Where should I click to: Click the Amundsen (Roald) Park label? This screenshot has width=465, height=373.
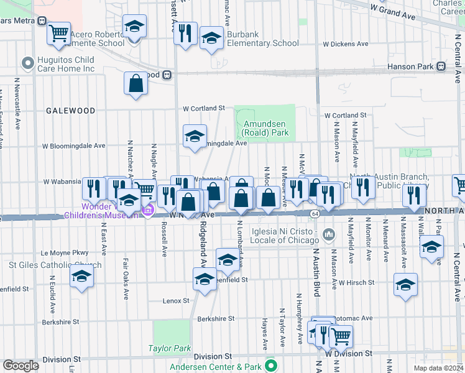265,128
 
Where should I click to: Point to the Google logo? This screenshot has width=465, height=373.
21,366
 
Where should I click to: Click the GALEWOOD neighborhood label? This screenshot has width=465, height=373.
70,111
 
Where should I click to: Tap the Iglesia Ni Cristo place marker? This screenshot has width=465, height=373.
329,235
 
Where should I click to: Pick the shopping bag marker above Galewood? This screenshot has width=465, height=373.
136,83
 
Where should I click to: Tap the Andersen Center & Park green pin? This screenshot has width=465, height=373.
270,365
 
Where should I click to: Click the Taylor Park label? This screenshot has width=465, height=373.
170,348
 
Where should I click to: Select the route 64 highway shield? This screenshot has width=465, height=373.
315,214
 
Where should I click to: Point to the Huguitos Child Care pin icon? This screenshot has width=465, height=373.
27,63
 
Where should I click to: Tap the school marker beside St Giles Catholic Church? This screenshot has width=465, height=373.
81,277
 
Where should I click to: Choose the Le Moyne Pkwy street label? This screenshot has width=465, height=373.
65,253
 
